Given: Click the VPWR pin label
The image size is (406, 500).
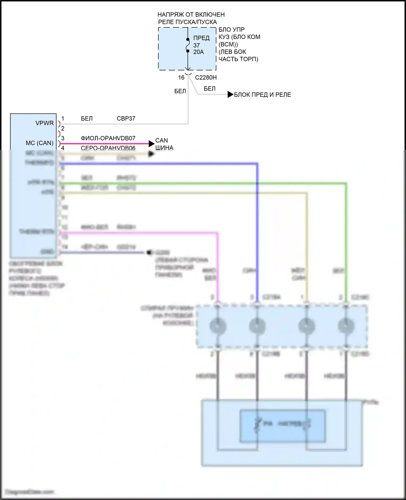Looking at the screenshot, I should [45, 123].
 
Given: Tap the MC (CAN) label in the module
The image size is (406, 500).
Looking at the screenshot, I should [40, 143].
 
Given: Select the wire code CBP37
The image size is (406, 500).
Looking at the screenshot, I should [126, 119].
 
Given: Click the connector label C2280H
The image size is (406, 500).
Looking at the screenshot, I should [206, 78].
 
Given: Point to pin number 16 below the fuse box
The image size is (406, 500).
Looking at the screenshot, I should [181, 78].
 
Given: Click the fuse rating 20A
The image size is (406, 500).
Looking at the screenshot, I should [198, 52].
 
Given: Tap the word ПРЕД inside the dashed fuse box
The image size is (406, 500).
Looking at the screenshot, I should [201, 38].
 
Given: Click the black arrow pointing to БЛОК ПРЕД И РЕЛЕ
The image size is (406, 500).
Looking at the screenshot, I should [230, 95].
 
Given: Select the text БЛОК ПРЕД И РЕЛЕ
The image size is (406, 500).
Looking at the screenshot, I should [262, 95].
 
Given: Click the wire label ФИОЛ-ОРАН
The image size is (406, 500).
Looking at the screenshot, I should [97, 138].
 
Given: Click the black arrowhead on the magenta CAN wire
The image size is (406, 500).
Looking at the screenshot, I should [152, 144].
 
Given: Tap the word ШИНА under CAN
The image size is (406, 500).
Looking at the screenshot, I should [164, 148].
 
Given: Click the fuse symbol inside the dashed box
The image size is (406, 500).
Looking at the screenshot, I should [188, 45].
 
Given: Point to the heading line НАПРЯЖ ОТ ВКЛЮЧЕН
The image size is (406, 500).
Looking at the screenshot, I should [191, 15].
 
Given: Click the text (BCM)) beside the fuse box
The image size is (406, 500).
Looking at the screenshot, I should [228, 44].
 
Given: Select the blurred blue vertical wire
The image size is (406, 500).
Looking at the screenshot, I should [257, 230].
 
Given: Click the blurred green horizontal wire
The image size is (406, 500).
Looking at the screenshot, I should [189, 183].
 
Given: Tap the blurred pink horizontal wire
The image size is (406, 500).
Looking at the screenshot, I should [135, 233].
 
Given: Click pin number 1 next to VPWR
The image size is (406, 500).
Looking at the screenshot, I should [63, 119].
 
